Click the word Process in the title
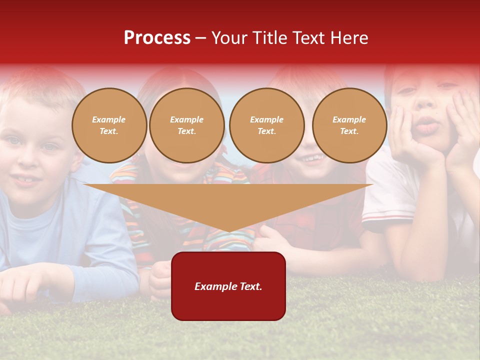pyautogui.click(x=157, y=37)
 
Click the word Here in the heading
pyautogui.click(x=350, y=37)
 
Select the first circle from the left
pyautogui.click(x=109, y=125)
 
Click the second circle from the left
pyautogui.click(x=186, y=125)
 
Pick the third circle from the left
pyautogui.click(x=266, y=125)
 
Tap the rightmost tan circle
pyautogui.click(x=349, y=125)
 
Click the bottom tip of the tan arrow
pyautogui.click(x=229, y=231)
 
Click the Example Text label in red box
pyautogui.click(x=228, y=286)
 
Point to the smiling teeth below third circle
pyautogui.click(x=311, y=159)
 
